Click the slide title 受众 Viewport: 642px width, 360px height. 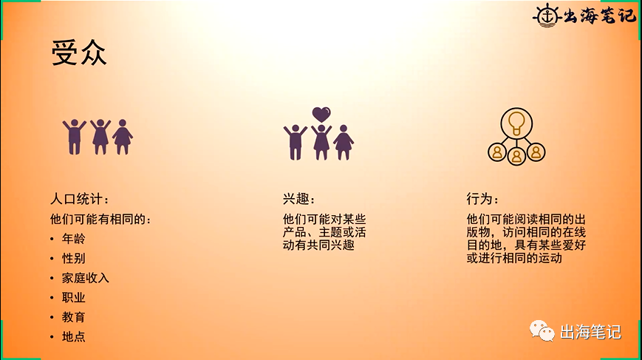(x=79, y=52)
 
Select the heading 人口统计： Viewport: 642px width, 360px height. (x=80, y=199)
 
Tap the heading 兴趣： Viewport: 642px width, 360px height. (x=298, y=199)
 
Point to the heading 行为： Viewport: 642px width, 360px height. (x=482, y=199)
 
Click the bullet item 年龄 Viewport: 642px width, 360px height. (x=74, y=239)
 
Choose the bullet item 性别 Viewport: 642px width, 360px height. (x=74, y=258)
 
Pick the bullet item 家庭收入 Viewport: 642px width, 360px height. (x=86, y=278)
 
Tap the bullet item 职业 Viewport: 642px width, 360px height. (x=74, y=297)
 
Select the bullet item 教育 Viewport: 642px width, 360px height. (x=74, y=317)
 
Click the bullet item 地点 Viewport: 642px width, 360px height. (x=74, y=336)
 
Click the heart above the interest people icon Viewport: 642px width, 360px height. (x=321, y=115)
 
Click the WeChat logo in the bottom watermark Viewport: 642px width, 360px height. (x=541, y=330)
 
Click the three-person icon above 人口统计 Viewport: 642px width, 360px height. (x=97, y=137)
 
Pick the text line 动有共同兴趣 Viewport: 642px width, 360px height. (x=318, y=245)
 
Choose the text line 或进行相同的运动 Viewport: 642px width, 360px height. (x=514, y=259)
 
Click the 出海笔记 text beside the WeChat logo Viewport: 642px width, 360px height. (x=591, y=332)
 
